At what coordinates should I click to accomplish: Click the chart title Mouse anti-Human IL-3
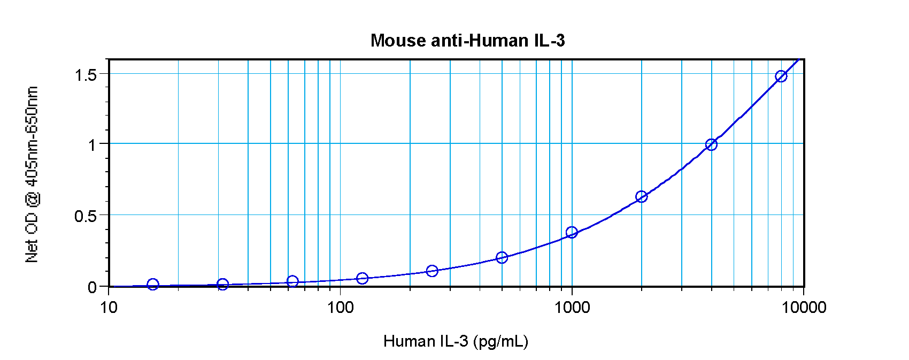point(467,41)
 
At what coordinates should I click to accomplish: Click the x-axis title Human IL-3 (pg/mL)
point(456,341)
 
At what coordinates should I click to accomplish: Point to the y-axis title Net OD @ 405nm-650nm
point(32,174)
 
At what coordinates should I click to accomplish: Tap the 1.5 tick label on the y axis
point(86,75)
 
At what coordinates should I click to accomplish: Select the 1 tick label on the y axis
point(93,145)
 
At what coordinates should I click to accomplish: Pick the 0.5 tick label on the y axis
point(86,216)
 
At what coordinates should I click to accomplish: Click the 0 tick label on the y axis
point(93,287)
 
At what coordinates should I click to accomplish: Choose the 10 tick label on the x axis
point(109,307)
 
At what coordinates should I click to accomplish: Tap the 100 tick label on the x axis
point(340,307)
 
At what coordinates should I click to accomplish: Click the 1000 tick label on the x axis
point(572,307)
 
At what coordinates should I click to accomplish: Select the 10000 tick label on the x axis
point(803,307)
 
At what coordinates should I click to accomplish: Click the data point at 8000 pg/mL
point(781,76)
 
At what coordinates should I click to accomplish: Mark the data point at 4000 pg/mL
point(711,144)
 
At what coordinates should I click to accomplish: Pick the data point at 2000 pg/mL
point(641,197)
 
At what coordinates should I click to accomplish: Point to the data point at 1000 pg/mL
point(572,232)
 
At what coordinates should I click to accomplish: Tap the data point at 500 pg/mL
point(502,258)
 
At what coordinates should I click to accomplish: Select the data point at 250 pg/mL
point(432,271)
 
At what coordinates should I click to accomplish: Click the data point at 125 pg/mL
point(362,278)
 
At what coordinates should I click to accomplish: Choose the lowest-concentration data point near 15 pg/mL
point(153,285)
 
